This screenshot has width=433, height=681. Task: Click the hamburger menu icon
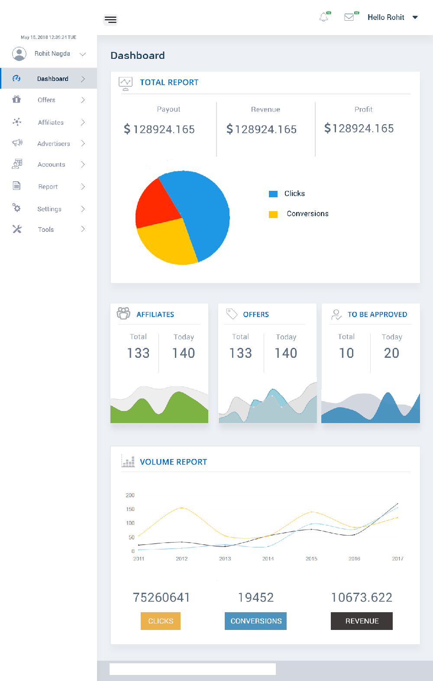coord(111,19)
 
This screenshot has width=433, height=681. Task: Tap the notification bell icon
coord(324,17)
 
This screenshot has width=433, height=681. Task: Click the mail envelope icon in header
coord(349,17)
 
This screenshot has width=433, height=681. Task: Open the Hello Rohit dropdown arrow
coord(415,17)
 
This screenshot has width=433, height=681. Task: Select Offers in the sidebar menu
coord(46,100)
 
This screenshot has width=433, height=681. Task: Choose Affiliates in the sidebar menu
coord(51,122)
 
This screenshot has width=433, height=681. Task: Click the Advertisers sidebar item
coord(53,144)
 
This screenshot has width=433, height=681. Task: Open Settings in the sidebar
coord(49,209)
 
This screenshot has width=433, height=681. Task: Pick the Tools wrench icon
coord(17,229)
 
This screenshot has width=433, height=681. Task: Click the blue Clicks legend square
coord(273,194)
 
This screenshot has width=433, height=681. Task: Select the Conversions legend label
coord(307,214)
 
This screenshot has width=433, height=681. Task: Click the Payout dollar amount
coord(159,129)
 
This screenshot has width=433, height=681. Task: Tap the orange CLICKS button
coord(161,621)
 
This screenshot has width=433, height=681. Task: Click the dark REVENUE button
coord(362,621)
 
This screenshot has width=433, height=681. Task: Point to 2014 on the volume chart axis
coord(268,559)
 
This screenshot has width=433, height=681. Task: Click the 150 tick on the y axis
coord(130,509)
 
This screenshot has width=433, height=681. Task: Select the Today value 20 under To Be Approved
coord(391,353)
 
